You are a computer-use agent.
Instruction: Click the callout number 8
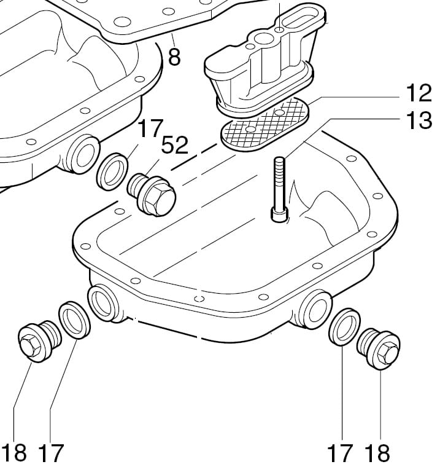coord(174,57)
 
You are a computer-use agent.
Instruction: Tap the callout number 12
coord(419,93)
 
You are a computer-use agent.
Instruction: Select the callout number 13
coord(419,120)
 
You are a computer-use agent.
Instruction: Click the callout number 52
coord(175,144)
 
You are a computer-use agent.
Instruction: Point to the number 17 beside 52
coord(150,128)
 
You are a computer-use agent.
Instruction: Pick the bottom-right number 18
coord(377,453)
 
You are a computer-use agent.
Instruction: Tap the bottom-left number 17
coord(51,453)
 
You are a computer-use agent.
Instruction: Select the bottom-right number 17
coord(340,453)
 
